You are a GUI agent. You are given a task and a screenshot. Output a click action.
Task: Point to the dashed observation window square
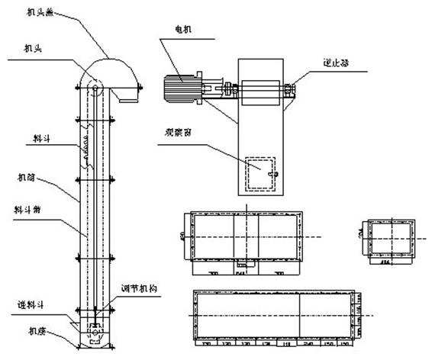(259, 172)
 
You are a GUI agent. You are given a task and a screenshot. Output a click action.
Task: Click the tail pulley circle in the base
(95, 333)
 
